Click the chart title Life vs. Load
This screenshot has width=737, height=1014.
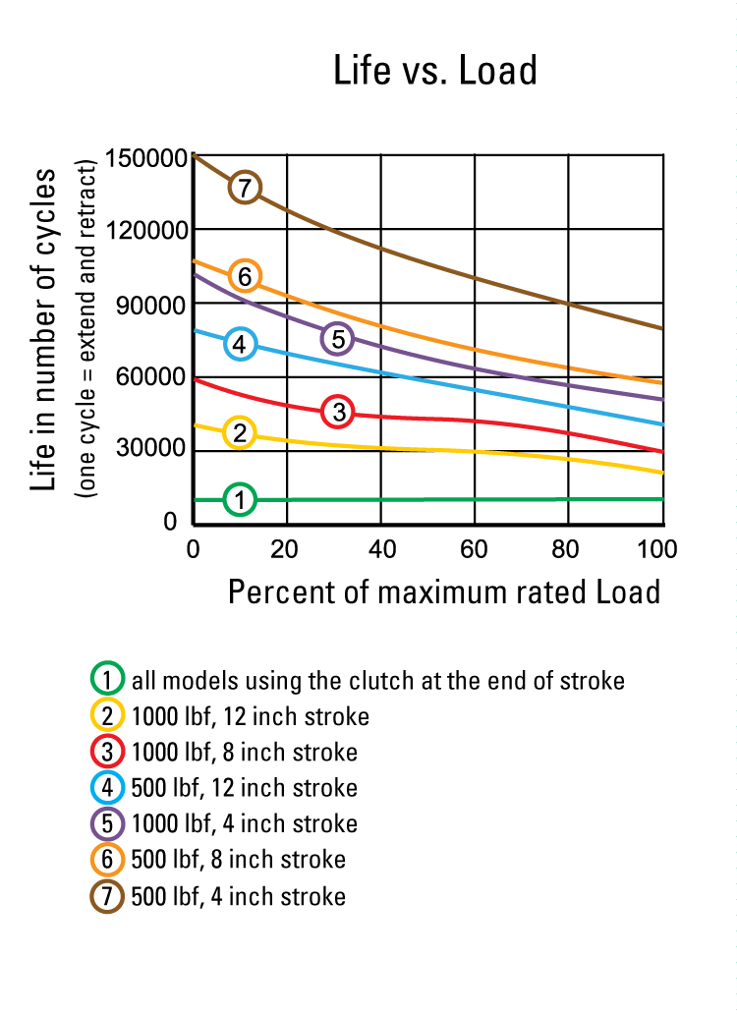[x=435, y=72]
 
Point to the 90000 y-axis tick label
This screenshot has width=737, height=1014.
[x=149, y=305]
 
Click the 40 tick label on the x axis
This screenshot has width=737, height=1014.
[x=380, y=548]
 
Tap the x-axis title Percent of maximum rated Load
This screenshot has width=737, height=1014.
[x=444, y=592]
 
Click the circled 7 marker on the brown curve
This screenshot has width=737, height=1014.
[x=245, y=188]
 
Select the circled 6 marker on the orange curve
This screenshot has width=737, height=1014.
[x=245, y=277]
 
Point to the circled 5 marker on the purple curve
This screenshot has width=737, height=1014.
[x=337, y=339]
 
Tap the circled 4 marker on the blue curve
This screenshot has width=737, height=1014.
[x=240, y=344]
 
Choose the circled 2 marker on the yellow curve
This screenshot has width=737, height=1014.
[x=240, y=432]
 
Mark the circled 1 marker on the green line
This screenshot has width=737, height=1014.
[x=240, y=500]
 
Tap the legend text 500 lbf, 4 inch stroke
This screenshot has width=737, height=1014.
[x=238, y=896]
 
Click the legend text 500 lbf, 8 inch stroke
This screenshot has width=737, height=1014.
[x=238, y=860]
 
